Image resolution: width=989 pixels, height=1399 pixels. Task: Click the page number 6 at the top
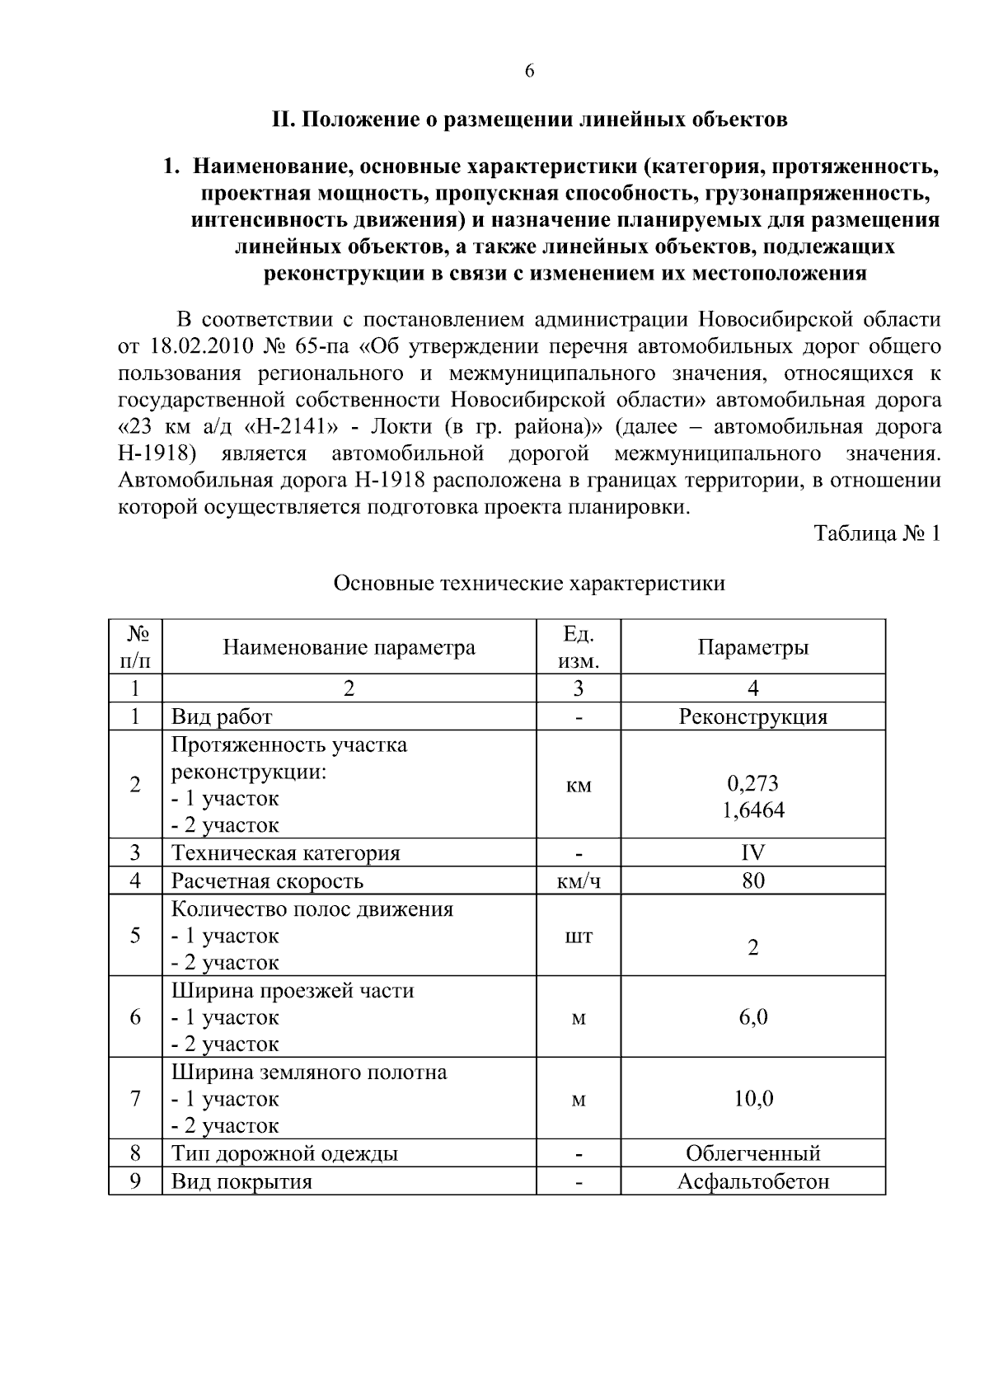coord(529,71)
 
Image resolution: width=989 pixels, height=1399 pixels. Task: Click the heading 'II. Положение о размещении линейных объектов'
coord(530,120)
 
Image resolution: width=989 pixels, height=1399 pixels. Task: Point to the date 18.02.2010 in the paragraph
coord(193,347)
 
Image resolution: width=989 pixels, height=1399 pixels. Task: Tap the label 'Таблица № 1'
coord(876,533)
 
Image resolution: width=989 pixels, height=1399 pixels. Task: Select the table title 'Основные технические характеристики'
coord(529,584)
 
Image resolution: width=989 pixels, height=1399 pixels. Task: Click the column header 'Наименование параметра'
coord(349,647)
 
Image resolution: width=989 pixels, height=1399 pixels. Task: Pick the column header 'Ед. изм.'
coord(579,647)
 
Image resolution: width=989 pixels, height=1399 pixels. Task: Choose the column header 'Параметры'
coord(752,647)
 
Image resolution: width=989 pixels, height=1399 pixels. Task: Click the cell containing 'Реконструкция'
coord(752,716)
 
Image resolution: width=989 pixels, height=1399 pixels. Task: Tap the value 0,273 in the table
coord(752,783)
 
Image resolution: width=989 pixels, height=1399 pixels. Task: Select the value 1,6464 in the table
coord(752,810)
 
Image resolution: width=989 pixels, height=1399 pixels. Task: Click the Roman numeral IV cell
coord(752,852)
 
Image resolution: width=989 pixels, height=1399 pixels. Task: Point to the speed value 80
coord(752,880)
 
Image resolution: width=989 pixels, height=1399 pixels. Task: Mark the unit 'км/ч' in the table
coord(579,881)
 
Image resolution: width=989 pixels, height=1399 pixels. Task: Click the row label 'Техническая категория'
coord(285,852)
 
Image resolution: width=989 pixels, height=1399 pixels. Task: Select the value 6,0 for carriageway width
coord(752,1016)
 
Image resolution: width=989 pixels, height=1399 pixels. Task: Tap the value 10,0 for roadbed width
coord(752,1098)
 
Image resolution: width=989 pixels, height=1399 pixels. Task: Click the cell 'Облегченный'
coord(752,1153)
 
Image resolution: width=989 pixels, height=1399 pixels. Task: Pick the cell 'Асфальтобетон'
coord(752,1181)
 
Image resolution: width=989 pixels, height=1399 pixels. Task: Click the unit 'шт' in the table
coord(579,937)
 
